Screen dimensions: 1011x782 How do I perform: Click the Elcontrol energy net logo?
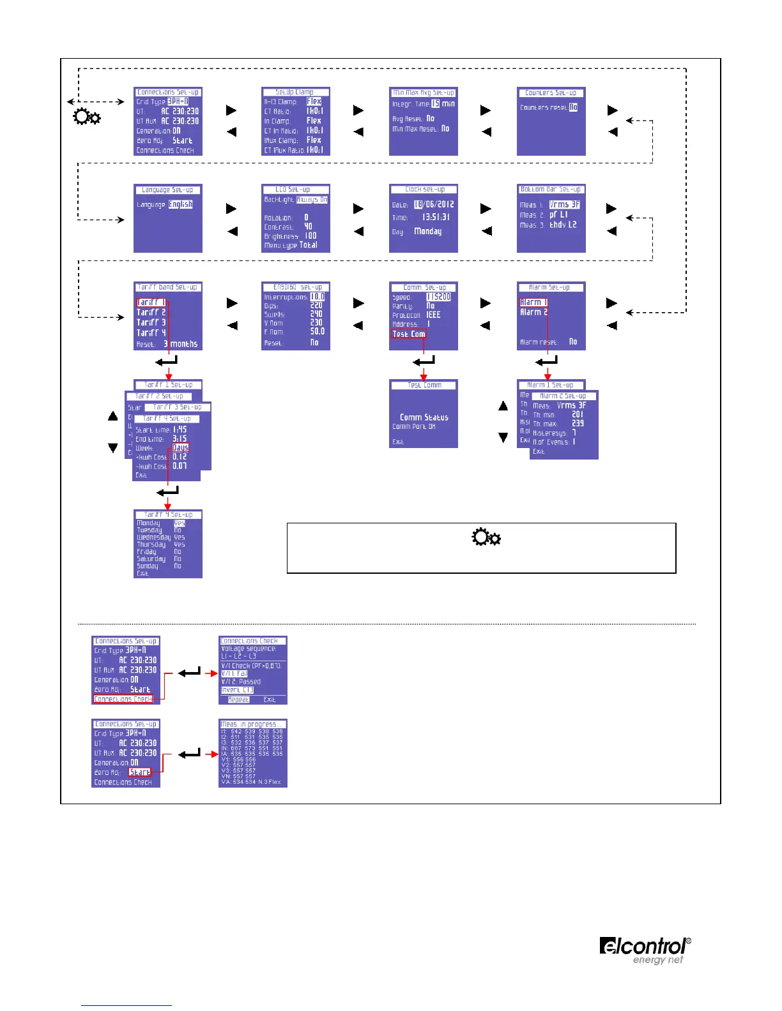pos(645,950)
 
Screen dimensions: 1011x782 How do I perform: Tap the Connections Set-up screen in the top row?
pos(168,121)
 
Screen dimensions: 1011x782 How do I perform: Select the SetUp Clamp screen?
pos(296,121)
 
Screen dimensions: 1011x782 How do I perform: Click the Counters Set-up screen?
pos(551,121)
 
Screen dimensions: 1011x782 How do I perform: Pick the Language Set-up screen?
pos(168,218)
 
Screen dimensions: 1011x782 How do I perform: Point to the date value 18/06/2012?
pos(434,205)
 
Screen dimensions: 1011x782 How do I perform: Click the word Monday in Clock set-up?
pos(427,231)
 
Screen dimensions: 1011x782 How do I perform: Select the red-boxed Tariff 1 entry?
pos(151,303)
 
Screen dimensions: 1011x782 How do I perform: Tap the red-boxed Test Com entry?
pos(408,334)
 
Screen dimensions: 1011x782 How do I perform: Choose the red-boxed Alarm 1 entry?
pos(533,303)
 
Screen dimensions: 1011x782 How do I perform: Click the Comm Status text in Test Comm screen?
pos(424,417)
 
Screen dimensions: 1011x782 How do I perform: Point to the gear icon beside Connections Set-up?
pos(87,117)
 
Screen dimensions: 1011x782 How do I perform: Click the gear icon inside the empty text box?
pos(486,537)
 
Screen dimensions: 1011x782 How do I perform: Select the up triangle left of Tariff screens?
pos(113,416)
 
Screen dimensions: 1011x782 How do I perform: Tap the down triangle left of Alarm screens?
pos(503,437)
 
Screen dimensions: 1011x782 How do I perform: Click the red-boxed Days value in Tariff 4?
pos(180,447)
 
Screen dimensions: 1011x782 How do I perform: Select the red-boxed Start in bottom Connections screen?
pos(140,772)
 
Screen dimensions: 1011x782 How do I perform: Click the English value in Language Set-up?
pos(180,204)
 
